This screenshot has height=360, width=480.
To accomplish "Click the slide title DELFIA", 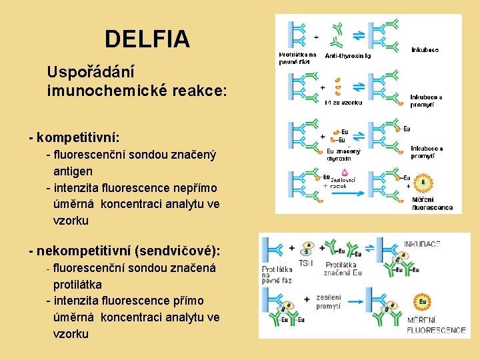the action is click(147, 40).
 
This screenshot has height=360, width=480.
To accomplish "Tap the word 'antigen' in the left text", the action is click(73, 171).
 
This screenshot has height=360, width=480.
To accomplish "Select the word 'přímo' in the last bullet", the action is click(187, 301).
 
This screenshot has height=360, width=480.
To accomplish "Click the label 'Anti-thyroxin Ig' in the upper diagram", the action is click(347, 56).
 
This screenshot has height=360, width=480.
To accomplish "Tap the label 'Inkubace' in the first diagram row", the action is click(425, 50).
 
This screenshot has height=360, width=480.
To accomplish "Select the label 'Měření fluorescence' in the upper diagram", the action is click(431, 203).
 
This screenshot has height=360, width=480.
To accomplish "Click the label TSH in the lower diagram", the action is click(305, 263).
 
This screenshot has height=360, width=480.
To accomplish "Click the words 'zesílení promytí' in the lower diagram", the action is click(328, 301).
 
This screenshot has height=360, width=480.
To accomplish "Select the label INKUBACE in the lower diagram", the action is click(422, 244).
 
